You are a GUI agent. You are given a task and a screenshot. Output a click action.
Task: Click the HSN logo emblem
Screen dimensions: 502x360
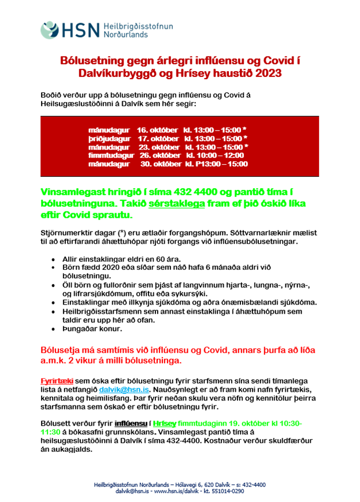(x=50, y=30)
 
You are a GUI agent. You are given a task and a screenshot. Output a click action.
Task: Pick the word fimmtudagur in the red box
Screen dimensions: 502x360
(x=111, y=155)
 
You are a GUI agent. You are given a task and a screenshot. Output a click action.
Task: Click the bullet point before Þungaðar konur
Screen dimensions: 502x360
(x=54, y=329)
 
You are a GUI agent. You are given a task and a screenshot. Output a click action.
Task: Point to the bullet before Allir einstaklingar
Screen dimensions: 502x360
(x=54, y=261)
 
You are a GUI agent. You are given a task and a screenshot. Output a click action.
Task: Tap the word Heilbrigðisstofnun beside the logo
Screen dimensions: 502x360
(x=138, y=26)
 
